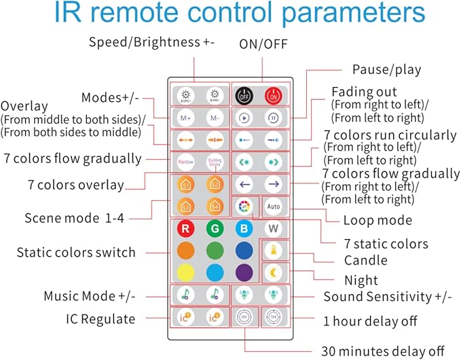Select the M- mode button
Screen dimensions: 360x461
tap(215, 117)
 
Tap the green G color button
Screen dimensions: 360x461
tap(215, 228)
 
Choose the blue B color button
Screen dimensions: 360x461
tap(244, 228)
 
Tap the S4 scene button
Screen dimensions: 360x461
tap(215, 205)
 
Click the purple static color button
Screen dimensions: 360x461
tap(244, 272)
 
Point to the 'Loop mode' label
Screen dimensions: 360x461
tap(377, 220)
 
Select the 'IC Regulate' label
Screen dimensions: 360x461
tap(100, 319)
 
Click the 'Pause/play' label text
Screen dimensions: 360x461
tap(386, 69)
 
